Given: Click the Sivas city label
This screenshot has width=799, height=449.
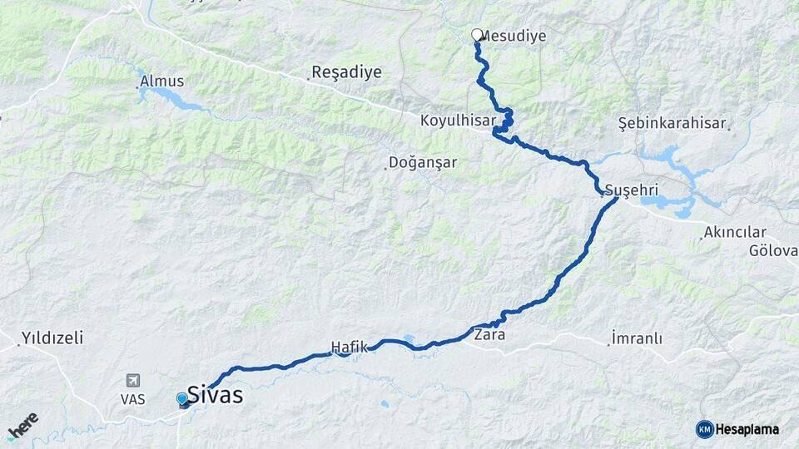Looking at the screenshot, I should [216, 395].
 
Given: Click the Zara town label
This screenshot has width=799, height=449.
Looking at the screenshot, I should [489, 336].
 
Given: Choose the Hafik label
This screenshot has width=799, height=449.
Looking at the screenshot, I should [350, 347].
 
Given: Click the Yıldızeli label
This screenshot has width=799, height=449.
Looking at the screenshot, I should [52, 338].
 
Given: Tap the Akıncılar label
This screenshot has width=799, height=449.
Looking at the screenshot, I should [734, 233].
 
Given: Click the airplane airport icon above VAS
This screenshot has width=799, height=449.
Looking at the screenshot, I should [132, 381].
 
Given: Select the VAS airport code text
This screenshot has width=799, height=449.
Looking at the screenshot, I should [132, 399].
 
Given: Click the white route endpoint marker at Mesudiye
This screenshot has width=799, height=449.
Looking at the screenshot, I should [477, 35].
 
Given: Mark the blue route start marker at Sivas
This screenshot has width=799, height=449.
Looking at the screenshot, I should [182, 399].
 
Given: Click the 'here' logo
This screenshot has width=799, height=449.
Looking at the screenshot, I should [22, 426].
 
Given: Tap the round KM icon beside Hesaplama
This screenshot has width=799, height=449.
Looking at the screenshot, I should [704, 429].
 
